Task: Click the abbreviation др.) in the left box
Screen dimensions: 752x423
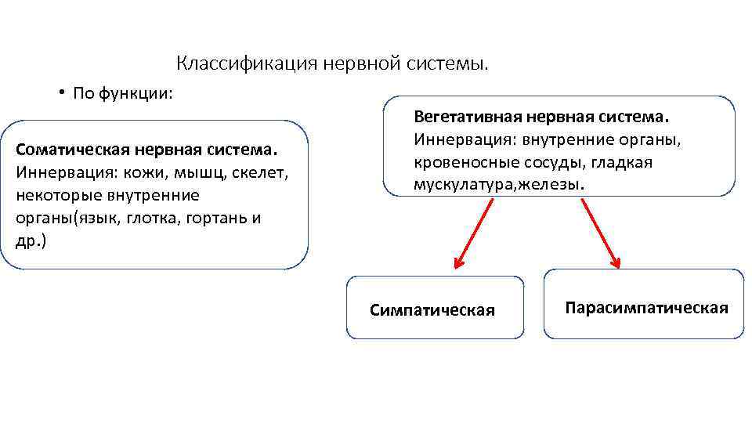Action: [31, 240]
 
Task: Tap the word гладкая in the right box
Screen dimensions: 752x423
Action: [623, 163]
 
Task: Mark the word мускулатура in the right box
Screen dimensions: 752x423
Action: [463, 186]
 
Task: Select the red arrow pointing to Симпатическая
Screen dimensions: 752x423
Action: [474, 233]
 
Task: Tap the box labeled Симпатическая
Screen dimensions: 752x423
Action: [435, 307]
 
